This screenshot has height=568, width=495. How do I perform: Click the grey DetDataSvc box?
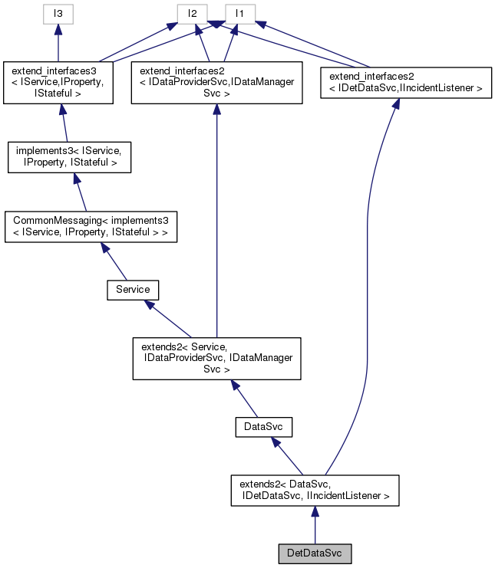[315, 553]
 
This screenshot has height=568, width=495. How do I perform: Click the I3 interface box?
[57, 13]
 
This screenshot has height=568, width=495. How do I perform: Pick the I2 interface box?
[193, 13]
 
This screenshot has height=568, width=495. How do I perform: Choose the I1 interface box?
[240, 13]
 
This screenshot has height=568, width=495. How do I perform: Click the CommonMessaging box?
[91, 227]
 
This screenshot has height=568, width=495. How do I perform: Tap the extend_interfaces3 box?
[58, 83]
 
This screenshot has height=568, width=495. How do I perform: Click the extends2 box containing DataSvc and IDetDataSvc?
[315, 491]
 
